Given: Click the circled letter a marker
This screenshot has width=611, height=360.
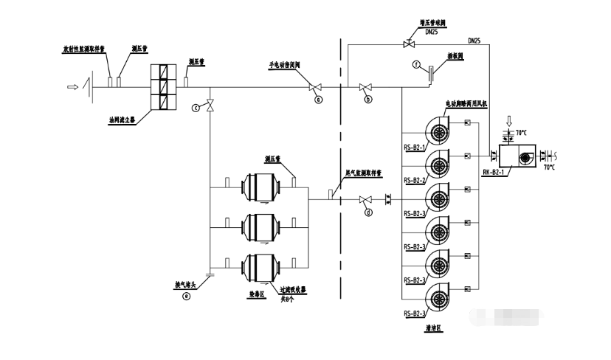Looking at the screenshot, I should tap(318, 98).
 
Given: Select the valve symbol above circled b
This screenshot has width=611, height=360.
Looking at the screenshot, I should tap(365, 88).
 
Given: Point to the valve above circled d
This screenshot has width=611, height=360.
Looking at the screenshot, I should tap(365, 200).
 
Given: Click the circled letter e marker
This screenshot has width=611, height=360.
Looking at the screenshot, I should tap(186, 297).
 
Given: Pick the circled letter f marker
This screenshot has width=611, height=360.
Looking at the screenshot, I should tap(416, 64).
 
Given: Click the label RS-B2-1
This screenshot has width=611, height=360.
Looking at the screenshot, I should tap(414, 146).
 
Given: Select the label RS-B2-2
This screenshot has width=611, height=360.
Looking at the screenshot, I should tap(414, 179).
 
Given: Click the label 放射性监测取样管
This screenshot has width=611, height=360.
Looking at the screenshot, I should tap(83, 49).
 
